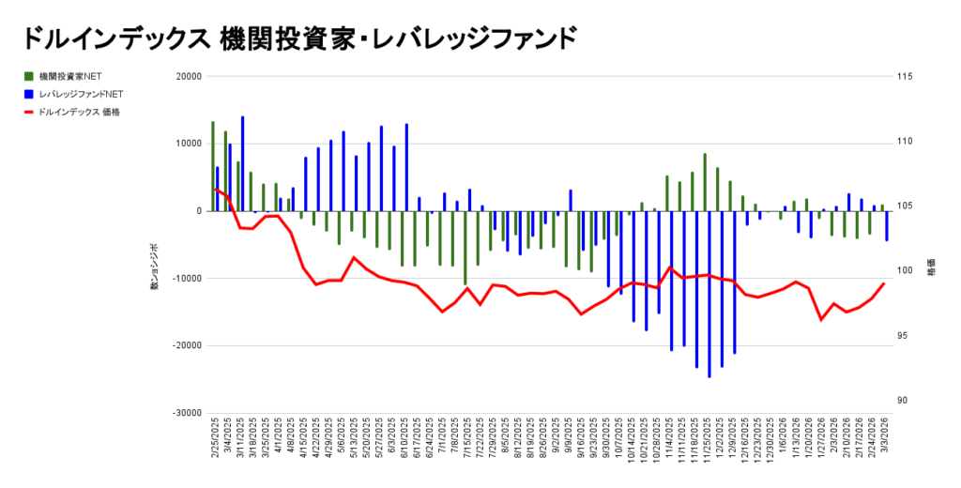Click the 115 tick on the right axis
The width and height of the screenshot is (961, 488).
(x=905, y=77)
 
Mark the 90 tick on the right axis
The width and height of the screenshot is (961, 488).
(x=902, y=401)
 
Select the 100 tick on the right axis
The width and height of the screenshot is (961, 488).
(x=905, y=271)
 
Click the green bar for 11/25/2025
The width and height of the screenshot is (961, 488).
(x=705, y=182)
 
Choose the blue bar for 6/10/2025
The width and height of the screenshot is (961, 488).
(x=406, y=167)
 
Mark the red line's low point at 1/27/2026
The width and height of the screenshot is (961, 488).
(x=821, y=320)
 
